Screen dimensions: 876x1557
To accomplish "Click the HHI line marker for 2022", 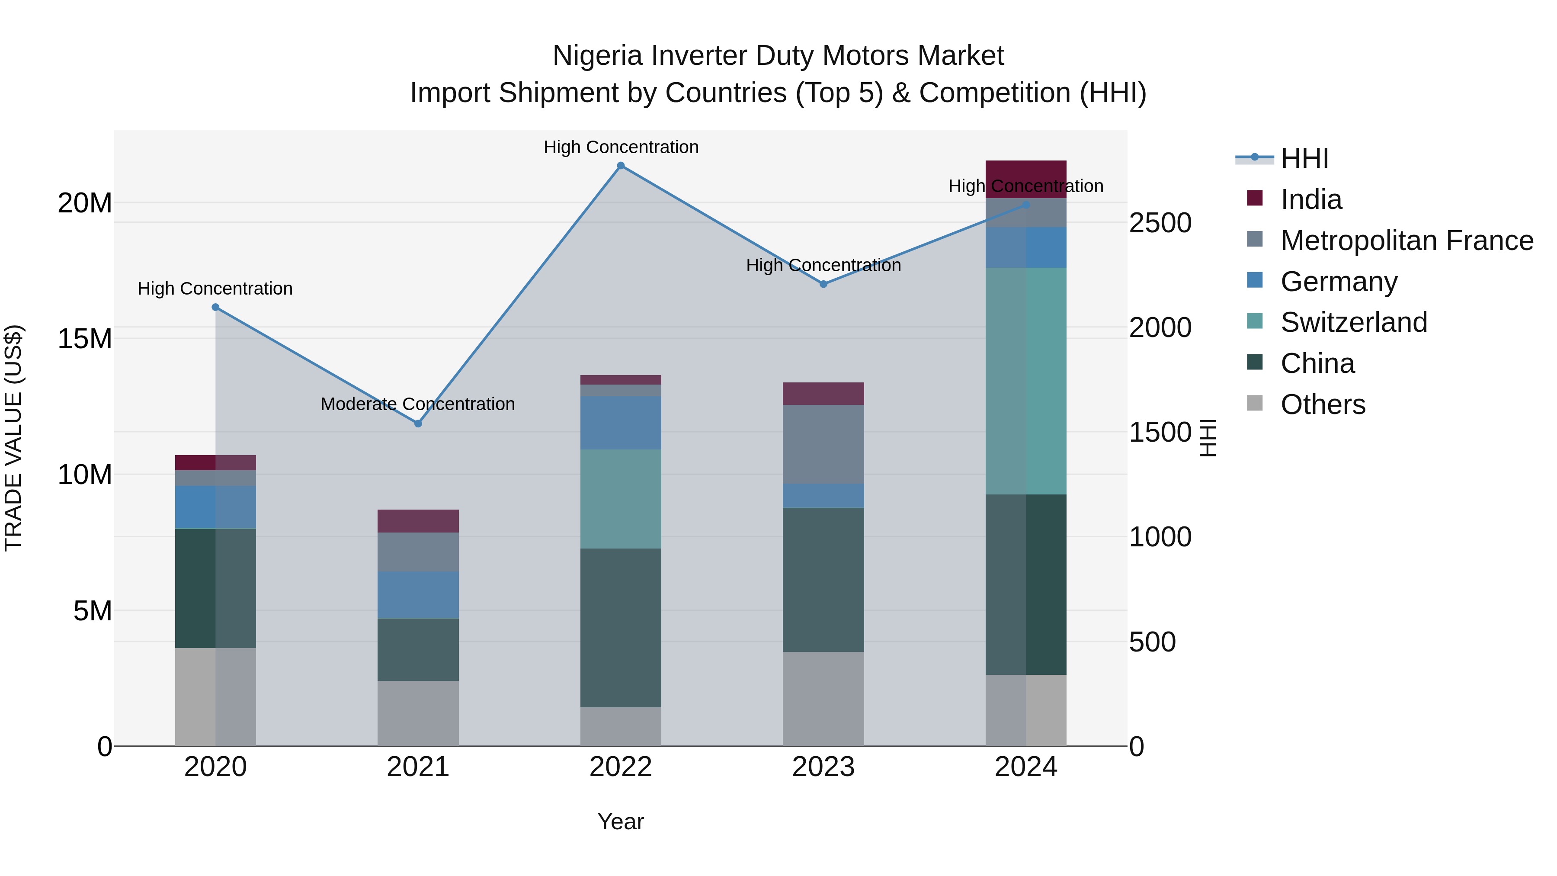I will coord(620,166).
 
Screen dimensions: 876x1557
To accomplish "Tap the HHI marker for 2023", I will coord(823,284).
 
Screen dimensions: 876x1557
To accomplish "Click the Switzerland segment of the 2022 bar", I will coord(620,499).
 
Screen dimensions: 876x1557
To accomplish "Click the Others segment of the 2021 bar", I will coord(418,713).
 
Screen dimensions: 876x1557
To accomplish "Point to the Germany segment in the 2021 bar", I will coord(418,594).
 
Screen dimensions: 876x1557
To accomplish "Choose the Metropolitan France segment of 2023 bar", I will coord(823,444).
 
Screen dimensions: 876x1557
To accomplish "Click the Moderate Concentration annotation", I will coord(418,404).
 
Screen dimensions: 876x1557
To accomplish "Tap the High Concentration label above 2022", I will coord(621,147).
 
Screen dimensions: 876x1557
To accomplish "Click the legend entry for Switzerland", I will coord(1353,322).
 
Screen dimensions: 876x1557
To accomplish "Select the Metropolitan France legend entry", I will coord(1406,241).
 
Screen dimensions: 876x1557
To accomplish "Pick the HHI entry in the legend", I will coord(1304,158).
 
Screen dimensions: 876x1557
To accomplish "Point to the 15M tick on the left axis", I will coord(85,339).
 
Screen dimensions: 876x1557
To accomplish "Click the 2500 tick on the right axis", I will coord(1160,223).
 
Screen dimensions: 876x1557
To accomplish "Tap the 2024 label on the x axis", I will coord(1026,767).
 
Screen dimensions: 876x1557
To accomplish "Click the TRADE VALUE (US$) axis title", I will coord(13,438).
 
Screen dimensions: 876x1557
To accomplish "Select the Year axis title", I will coord(620,821).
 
